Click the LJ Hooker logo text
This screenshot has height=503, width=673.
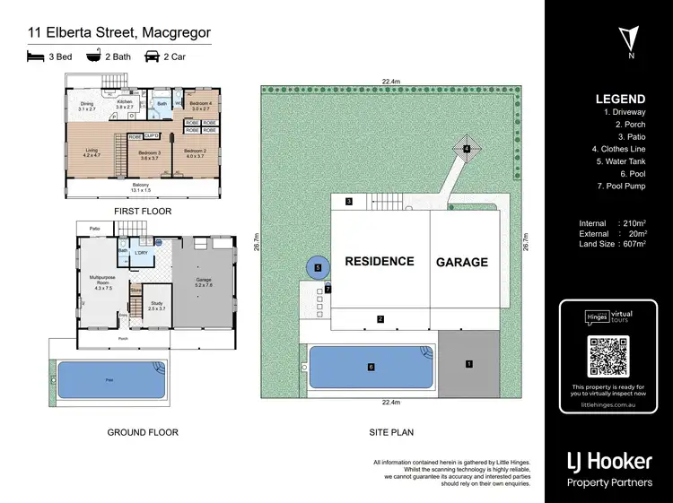pyautogui.click(x=608, y=462)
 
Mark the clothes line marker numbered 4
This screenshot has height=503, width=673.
pyautogui.click(x=467, y=148)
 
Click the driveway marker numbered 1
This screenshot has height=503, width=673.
pyautogui.click(x=468, y=364)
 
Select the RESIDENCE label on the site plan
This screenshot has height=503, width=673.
pyautogui.click(x=380, y=262)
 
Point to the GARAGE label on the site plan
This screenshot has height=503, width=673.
pyautogui.click(x=462, y=263)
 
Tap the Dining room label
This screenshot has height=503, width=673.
pyautogui.click(x=87, y=104)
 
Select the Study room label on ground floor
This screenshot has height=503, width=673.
pyautogui.click(x=156, y=303)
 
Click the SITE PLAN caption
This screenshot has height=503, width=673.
pyautogui.click(x=391, y=432)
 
